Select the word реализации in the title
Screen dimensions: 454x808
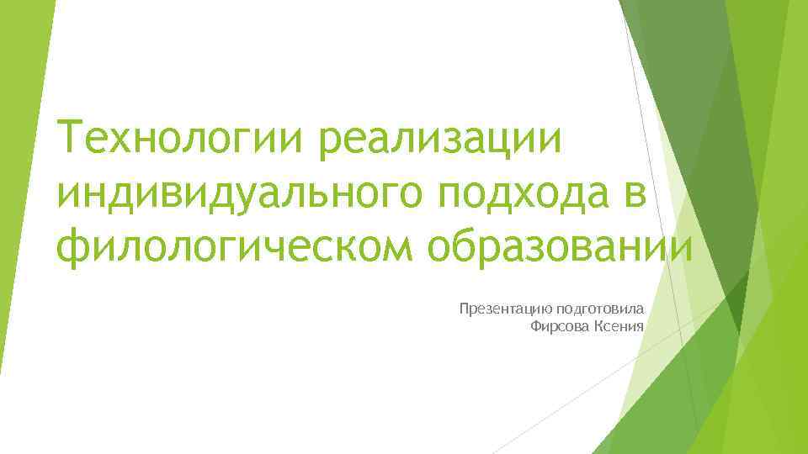click(439, 138)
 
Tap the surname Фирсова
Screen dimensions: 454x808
click(560, 326)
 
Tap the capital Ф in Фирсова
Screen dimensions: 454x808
click(536, 326)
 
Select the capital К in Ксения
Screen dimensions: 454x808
click(598, 326)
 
